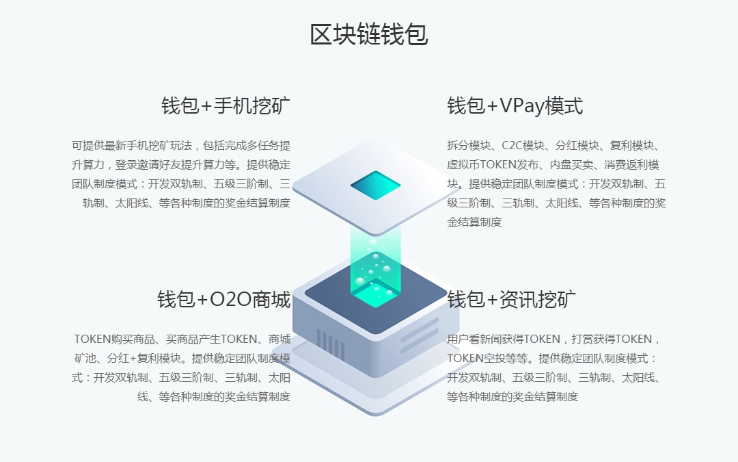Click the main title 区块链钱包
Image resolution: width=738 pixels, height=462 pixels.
369,34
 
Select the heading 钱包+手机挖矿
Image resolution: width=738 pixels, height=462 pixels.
226,105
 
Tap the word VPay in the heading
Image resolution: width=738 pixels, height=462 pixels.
521,106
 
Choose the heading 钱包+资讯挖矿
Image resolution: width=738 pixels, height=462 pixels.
511,299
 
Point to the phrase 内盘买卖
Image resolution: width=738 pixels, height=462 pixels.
571,165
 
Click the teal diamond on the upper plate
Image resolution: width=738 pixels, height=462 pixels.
375,185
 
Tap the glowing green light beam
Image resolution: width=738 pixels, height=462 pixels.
375,264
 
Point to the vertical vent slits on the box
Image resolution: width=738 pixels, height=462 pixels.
331,345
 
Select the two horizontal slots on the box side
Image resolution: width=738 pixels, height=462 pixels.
420,335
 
